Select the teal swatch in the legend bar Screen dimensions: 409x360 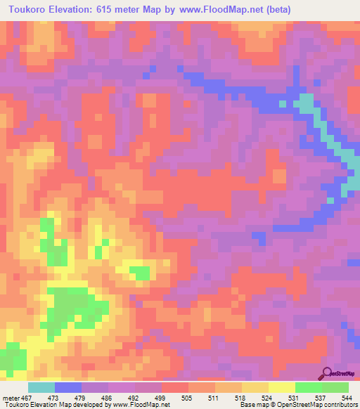(x=41, y=387)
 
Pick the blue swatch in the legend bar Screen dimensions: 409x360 (x=68, y=387)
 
